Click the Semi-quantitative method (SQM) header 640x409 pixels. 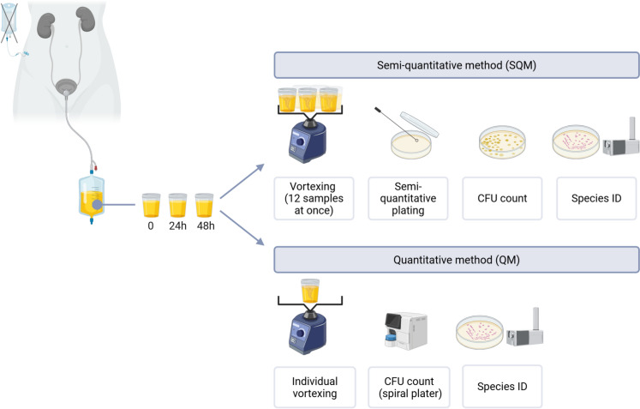click(x=457, y=65)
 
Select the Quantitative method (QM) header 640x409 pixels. click(x=457, y=260)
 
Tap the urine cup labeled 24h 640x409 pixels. click(x=177, y=205)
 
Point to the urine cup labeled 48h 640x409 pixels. click(x=204, y=205)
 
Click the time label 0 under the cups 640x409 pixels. click(x=151, y=226)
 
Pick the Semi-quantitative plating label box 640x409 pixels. click(x=408, y=198)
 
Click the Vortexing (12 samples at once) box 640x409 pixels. click(x=314, y=198)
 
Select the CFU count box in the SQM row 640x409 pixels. click(x=502, y=198)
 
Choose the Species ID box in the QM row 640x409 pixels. click(x=502, y=386)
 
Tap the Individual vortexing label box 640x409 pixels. click(x=314, y=386)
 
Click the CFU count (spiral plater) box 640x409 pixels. click(x=409, y=386)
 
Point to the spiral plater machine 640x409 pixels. click(x=406, y=331)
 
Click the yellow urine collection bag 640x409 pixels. click(x=92, y=196)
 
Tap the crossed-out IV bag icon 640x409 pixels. click(x=9, y=22)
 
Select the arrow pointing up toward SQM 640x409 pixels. click(x=242, y=182)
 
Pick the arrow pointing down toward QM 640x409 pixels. click(x=242, y=228)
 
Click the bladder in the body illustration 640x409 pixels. click(x=66, y=86)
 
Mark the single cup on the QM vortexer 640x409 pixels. click(x=310, y=291)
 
